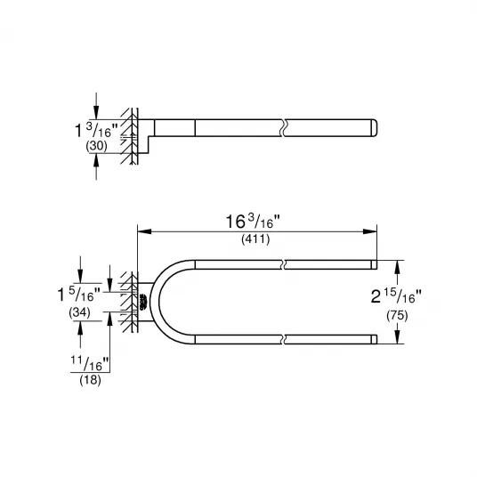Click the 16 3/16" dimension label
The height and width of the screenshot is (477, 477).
tap(253, 222)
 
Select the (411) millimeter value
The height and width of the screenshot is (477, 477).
tap(255, 239)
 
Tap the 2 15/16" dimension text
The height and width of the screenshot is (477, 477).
tap(396, 296)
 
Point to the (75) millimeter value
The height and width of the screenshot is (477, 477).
tap(397, 315)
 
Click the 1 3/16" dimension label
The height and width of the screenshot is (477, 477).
tap(96, 130)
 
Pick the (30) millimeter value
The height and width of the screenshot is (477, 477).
tap(96, 146)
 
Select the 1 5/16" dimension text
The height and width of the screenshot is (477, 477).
tap(79, 295)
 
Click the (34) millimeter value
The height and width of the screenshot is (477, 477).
tap(79, 312)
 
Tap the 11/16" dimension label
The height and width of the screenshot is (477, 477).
tap(90, 363)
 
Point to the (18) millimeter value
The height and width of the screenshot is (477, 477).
tap(90, 380)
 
